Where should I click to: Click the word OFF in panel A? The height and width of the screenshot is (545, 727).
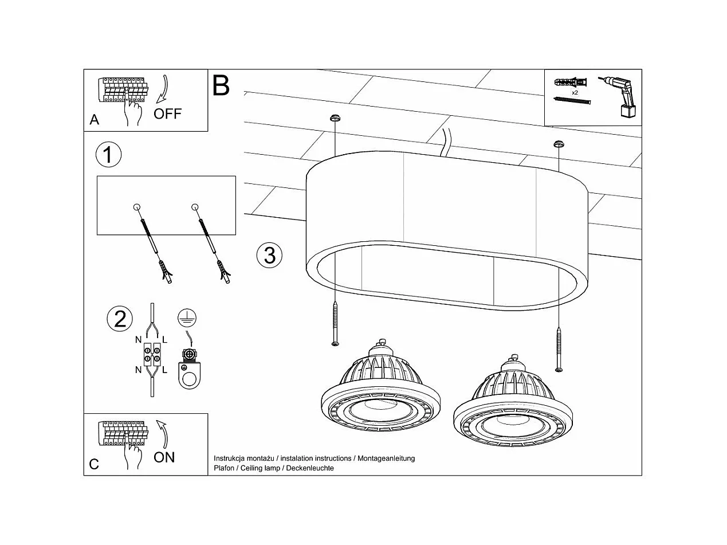[x=167, y=113]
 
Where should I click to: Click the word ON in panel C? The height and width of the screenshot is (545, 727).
[x=164, y=457]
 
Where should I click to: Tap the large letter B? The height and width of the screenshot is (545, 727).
[x=221, y=85]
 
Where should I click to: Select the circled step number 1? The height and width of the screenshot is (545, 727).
[x=108, y=155]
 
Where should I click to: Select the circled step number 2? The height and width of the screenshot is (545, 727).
[x=120, y=319]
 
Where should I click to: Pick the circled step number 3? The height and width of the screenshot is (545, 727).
[x=269, y=254]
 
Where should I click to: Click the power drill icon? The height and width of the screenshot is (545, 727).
[x=620, y=96]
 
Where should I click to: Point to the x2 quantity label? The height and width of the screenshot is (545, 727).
[x=575, y=92]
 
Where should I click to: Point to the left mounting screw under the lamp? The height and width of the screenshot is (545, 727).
[x=335, y=325]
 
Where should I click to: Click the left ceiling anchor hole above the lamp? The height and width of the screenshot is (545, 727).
[x=335, y=119]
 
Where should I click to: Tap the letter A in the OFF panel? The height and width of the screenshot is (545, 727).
[x=95, y=120]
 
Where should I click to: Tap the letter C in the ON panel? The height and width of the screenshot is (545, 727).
[x=94, y=464]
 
